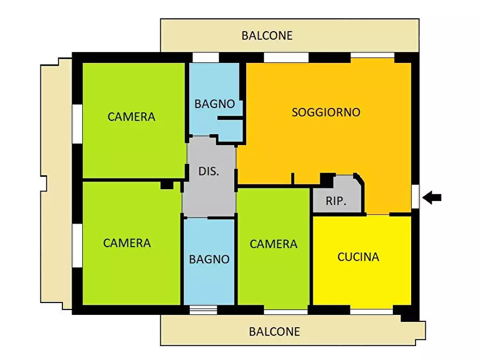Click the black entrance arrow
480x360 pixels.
click(x=432, y=198)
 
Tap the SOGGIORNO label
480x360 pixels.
click(x=326, y=112)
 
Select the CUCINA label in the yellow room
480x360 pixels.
click(x=358, y=257)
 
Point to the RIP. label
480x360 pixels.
click(x=336, y=202)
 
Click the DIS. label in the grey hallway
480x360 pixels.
click(x=209, y=172)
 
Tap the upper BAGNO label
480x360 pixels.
click(x=214, y=104)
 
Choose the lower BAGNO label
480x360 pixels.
click(x=209, y=259)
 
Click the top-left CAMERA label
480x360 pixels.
click(x=131, y=117)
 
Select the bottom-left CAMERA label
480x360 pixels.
click(x=127, y=243)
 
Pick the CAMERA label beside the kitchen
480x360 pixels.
click(x=274, y=244)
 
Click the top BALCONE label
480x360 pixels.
click(x=267, y=35)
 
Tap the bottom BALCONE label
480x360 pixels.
click(x=274, y=332)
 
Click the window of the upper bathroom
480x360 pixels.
click(x=206, y=57)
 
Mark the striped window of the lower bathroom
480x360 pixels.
click(x=203, y=309)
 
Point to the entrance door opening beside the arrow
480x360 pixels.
click(x=415, y=196)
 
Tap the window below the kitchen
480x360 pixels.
click(x=371, y=311)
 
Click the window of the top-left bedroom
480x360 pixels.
click(x=77, y=124)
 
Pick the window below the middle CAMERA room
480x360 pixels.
click(x=285, y=311)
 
